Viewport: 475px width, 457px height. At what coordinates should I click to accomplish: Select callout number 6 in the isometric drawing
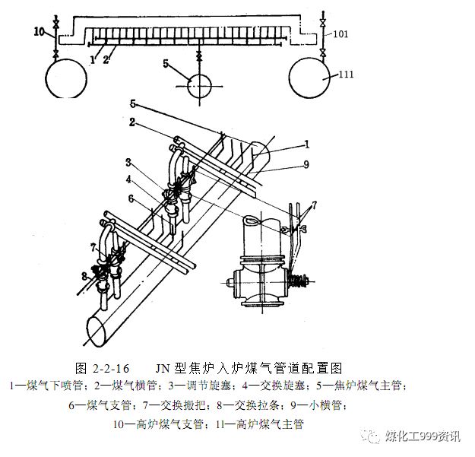131,199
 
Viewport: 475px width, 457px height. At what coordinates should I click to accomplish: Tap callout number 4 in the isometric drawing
130,180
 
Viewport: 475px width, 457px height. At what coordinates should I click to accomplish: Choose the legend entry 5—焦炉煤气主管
369,386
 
